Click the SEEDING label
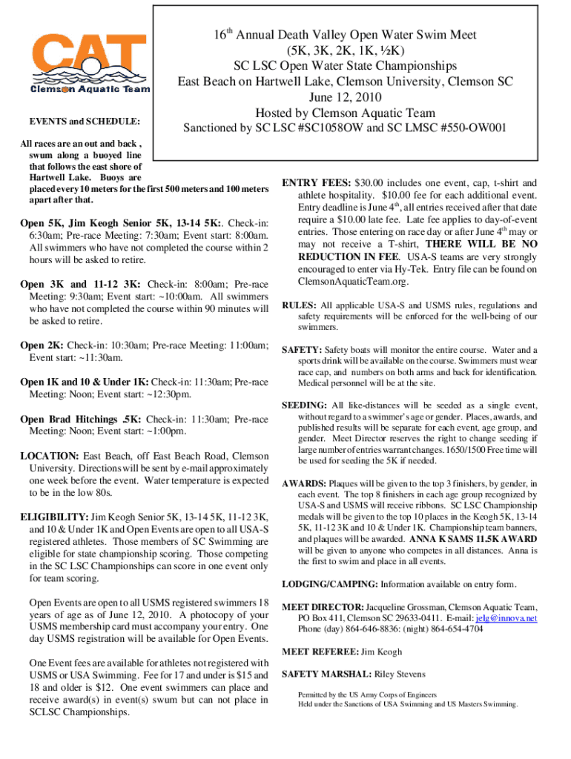click(304, 405)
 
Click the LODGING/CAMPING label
click(330, 583)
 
